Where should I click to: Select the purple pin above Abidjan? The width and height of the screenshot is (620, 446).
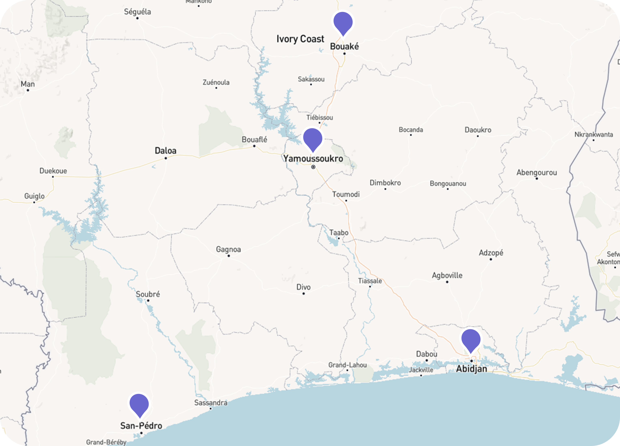[471, 339]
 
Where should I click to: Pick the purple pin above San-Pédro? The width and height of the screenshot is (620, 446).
[139, 404]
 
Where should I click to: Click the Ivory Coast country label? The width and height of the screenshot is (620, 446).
[300, 39]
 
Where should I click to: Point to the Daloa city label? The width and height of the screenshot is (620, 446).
[165, 151]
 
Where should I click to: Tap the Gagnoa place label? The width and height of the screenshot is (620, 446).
[228, 249]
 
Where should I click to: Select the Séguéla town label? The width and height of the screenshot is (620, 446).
[137, 12]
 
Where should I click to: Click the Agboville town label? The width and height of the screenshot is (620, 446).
[447, 275]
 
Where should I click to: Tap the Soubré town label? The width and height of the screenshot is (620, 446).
[148, 294]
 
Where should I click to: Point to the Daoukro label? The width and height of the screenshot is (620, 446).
[478, 130]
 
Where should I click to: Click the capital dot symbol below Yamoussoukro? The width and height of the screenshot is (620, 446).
[313, 167]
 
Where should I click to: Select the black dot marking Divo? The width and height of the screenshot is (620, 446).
[304, 293]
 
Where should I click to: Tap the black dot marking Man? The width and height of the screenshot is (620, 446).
[28, 90]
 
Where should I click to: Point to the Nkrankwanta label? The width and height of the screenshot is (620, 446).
[593, 135]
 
